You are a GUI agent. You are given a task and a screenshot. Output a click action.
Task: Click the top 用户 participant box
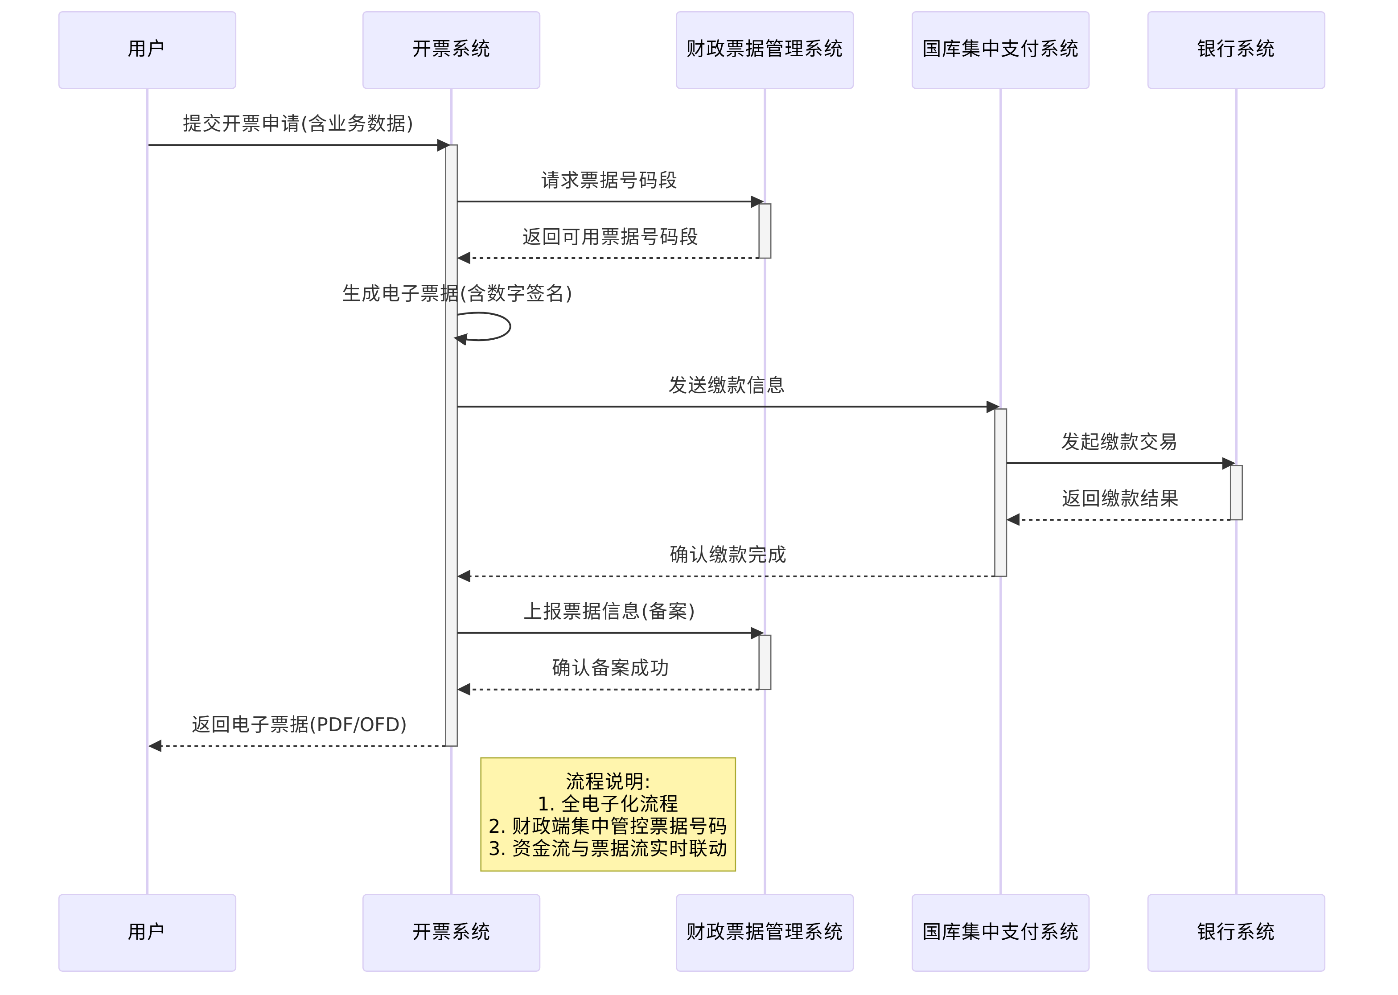click(x=147, y=49)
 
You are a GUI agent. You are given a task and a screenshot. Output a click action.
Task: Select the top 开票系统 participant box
click(x=451, y=49)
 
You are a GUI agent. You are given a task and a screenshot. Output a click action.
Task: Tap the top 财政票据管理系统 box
click(x=764, y=49)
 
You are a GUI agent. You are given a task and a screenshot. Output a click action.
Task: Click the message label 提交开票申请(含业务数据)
click(x=298, y=124)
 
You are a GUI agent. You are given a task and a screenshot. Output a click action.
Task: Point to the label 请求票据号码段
click(x=609, y=180)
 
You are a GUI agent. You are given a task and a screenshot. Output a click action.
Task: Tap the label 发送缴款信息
click(x=727, y=385)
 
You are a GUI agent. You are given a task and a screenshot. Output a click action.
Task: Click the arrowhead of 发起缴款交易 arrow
click(x=1228, y=463)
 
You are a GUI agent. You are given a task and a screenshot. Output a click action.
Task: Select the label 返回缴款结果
click(x=1120, y=498)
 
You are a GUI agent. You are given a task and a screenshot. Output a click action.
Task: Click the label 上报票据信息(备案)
click(x=609, y=611)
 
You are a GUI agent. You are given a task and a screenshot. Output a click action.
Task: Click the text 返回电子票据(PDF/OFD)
click(x=299, y=724)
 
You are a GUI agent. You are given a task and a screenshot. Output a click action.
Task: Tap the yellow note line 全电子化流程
click(x=608, y=803)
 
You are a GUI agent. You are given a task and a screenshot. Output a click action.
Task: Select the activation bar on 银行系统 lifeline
click(x=1236, y=492)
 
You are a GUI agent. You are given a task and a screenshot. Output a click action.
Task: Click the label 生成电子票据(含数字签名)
click(x=457, y=293)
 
